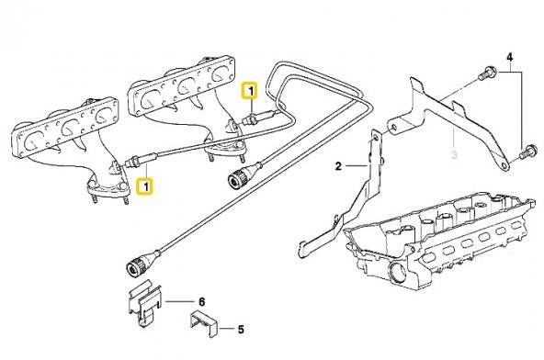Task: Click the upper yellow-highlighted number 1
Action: [x=248, y=90]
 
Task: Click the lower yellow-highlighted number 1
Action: [x=144, y=186]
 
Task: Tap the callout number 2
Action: [x=338, y=166]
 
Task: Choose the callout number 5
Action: [x=240, y=327]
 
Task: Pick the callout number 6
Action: [x=202, y=300]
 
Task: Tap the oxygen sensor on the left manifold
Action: [x=134, y=163]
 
